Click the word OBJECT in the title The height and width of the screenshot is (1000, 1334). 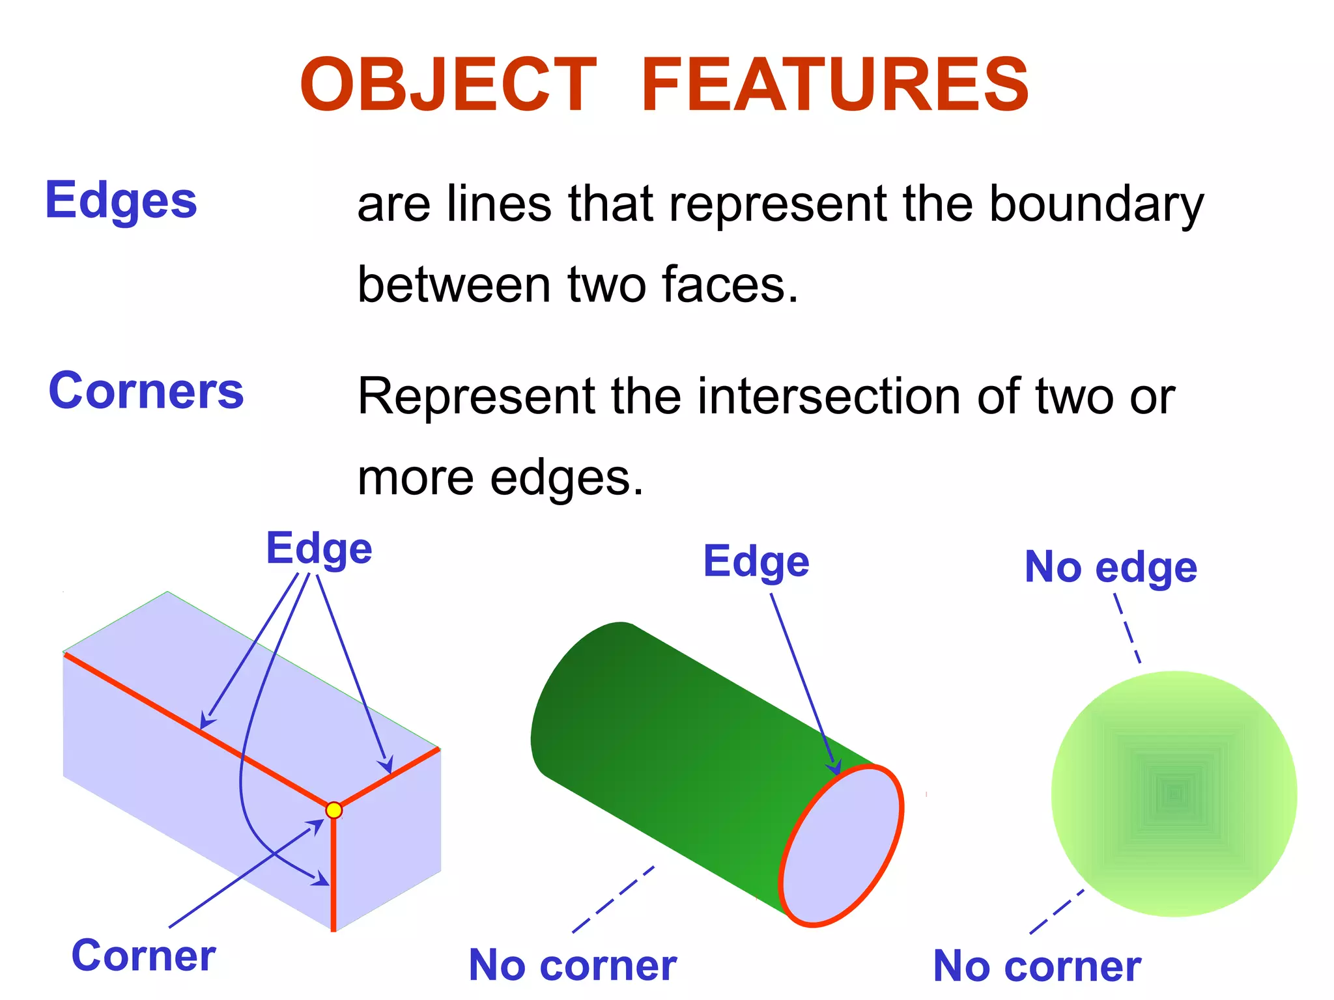point(448,85)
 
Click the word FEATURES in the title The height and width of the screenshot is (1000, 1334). point(835,85)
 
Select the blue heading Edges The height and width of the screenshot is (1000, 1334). point(121,201)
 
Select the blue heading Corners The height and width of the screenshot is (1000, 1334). point(146,391)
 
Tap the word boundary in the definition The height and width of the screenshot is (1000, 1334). point(1096,204)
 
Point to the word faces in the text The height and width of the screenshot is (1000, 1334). point(730,285)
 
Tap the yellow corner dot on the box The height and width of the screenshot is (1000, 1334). point(333,810)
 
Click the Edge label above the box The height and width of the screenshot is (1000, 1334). point(319,548)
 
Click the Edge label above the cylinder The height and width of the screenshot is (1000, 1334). point(756,561)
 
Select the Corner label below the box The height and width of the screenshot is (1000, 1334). point(143,956)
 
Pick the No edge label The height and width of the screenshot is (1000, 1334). point(1111,567)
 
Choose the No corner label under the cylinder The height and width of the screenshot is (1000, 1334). point(573,965)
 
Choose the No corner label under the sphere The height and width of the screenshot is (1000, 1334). point(1037,966)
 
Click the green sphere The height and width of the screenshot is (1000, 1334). point(1174,794)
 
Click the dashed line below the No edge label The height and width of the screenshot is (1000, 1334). point(1128,628)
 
